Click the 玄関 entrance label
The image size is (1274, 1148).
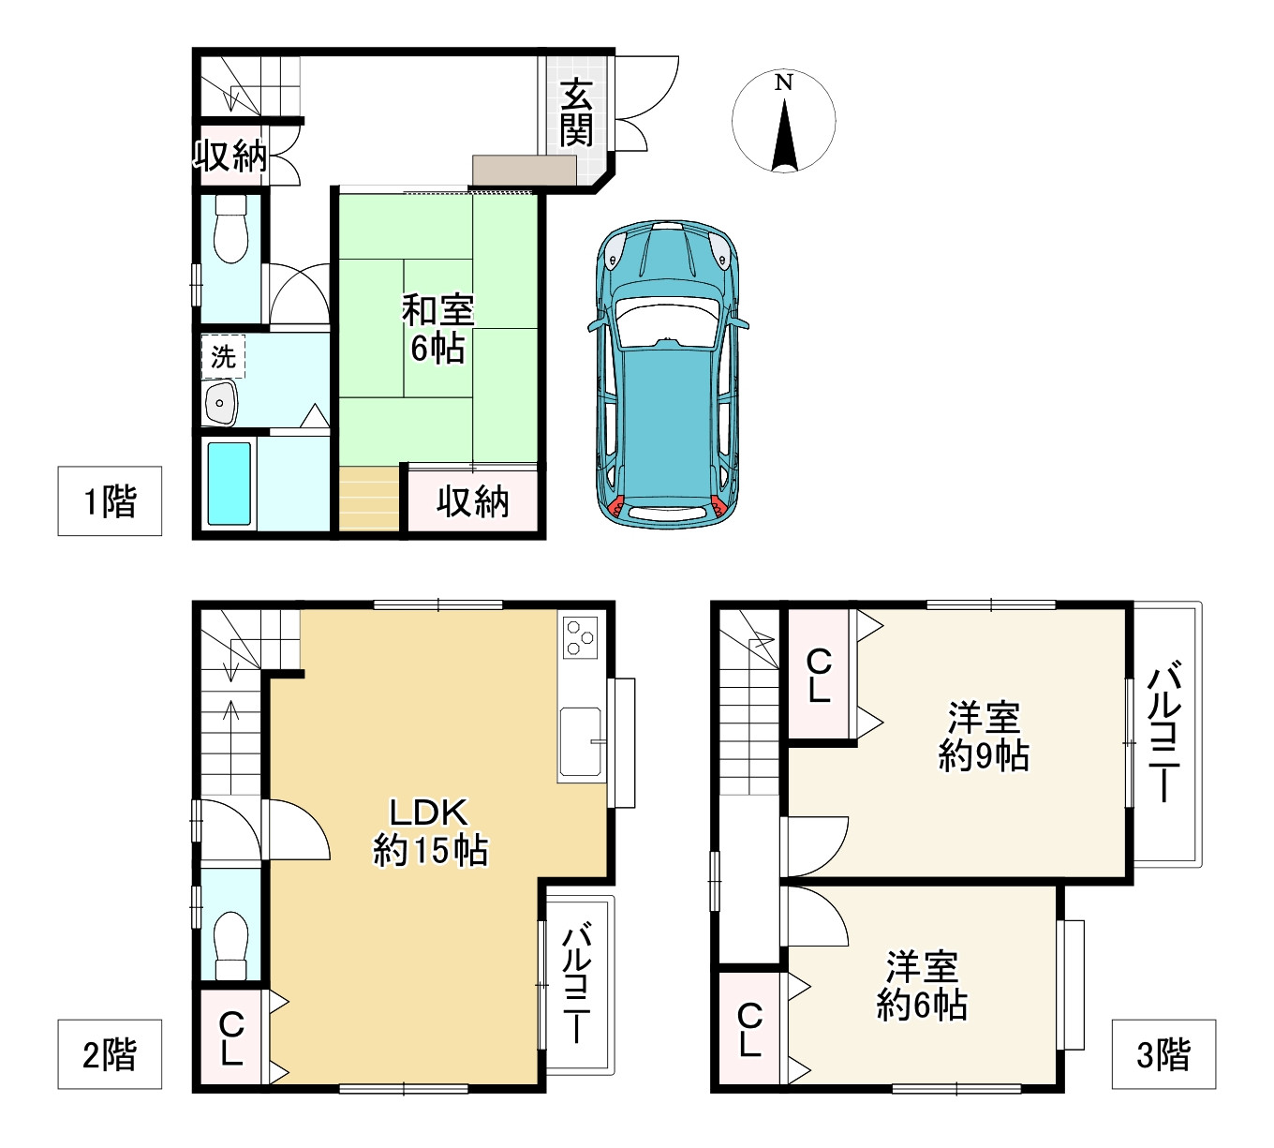coord(576,112)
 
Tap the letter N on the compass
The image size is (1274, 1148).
coord(784,82)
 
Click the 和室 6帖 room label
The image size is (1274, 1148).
coord(437,329)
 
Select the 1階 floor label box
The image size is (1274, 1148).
coord(110,500)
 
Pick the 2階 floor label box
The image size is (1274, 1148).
coord(110,1054)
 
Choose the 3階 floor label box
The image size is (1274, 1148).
coord(1163,1054)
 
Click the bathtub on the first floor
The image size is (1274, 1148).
coord(229,484)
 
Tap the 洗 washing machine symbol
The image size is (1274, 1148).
coord(224,357)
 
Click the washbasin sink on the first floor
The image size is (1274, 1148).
coord(220,403)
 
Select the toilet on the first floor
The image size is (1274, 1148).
coord(230,229)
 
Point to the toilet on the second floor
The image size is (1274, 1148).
coord(230,946)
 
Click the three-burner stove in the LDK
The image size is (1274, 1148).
coord(580,637)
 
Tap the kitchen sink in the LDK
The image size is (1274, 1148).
coord(581,742)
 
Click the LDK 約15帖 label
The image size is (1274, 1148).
coord(430,831)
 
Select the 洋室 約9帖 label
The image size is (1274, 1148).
coord(984,736)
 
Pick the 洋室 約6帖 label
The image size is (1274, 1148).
coord(922,986)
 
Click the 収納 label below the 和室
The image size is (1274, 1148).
coord(472,502)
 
